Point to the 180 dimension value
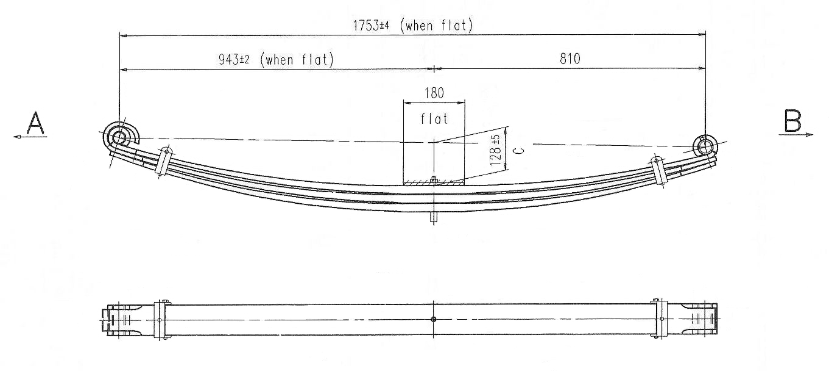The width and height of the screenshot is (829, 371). pyautogui.click(x=433, y=93)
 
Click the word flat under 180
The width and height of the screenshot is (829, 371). pyautogui.click(x=434, y=118)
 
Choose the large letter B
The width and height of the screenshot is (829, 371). pyautogui.click(x=792, y=123)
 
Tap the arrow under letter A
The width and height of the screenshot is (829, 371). pyautogui.click(x=30, y=137)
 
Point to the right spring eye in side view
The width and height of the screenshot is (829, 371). pyautogui.click(x=705, y=146)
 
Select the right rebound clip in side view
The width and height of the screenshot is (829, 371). pyautogui.click(x=658, y=168)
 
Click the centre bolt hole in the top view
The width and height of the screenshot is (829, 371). pyautogui.click(x=433, y=319)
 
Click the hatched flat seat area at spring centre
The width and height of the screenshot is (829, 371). pyautogui.click(x=433, y=181)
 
